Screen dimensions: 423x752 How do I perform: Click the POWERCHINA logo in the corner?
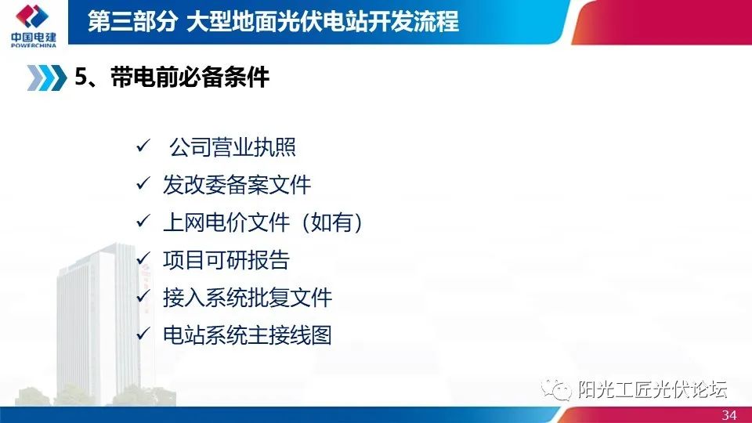coord(31,23)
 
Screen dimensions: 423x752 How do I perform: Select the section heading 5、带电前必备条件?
coord(172,78)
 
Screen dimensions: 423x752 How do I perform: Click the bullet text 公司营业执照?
coord(232,147)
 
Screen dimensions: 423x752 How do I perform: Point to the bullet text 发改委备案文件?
coord(237,185)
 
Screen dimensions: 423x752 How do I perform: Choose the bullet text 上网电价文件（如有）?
coord(263,222)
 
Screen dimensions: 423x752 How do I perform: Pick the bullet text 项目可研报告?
coord(226,260)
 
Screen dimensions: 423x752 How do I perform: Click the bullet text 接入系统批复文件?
coord(248,298)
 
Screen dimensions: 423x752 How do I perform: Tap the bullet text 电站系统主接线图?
coord(248,335)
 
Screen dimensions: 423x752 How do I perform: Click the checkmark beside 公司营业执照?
coord(143,147)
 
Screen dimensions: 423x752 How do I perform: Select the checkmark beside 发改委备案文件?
coord(143,185)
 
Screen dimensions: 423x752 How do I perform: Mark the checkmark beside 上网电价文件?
coord(143,222)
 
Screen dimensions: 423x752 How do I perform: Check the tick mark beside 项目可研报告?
coord(143,260)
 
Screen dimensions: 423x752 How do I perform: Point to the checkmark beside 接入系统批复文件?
coord(143,298)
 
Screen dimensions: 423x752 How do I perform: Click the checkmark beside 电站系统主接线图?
coord(143,335)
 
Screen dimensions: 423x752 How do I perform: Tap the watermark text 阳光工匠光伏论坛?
coord(653,389)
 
